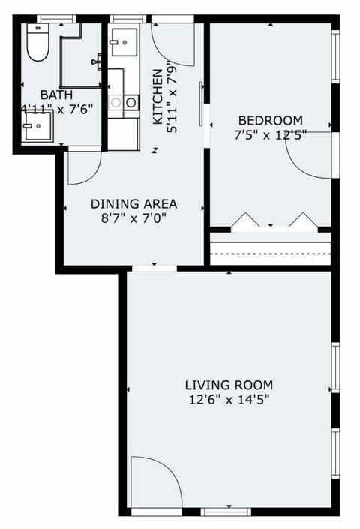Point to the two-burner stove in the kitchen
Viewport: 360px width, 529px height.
coord(123,102)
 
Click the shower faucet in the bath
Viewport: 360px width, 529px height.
coord(97,61)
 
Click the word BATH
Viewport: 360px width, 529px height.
coord(56,95)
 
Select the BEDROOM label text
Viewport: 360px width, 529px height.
coord(270,120)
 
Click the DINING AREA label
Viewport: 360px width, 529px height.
coord(133,203)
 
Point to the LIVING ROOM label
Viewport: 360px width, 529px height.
coord(229,385)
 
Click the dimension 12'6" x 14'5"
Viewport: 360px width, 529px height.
coord(229,400)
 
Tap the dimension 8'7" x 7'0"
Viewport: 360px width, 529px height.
coord(133,218)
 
